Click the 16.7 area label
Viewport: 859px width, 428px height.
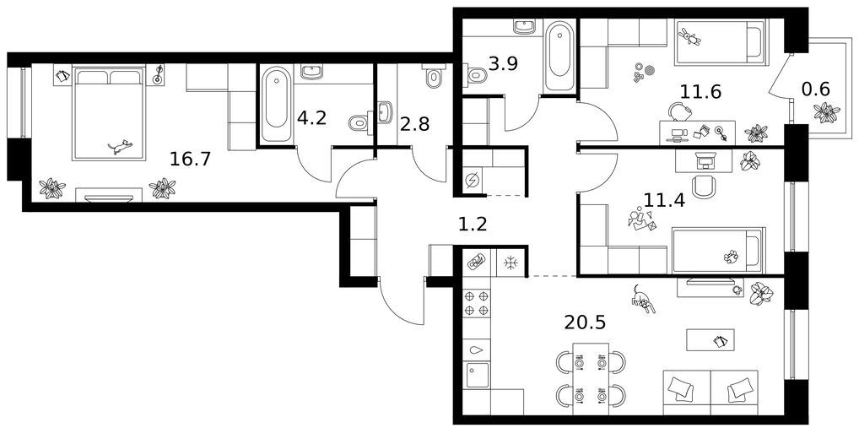tap(190, 160)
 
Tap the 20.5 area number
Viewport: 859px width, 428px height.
tap(585, 322)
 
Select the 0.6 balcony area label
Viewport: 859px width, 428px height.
tap(816, 89)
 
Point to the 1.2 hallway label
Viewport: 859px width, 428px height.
tap(473, 224)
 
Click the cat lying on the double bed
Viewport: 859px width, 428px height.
tap(120, 146)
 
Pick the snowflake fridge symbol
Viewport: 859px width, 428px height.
tap(511, 263)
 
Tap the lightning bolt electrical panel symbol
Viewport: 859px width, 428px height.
tap(473, 179)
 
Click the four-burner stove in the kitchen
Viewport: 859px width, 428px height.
tap(476, 304)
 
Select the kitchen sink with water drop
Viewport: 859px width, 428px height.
tap(476, 349)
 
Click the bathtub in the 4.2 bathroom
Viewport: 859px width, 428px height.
tap(276, 104)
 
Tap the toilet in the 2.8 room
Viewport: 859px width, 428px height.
tap(434, 78)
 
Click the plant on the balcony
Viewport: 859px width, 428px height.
tap(827, 113)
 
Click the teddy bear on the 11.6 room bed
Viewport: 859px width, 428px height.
tap(690, 37)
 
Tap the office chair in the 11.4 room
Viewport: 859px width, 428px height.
tap(704, 187)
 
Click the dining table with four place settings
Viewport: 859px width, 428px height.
tap(591, 379)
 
